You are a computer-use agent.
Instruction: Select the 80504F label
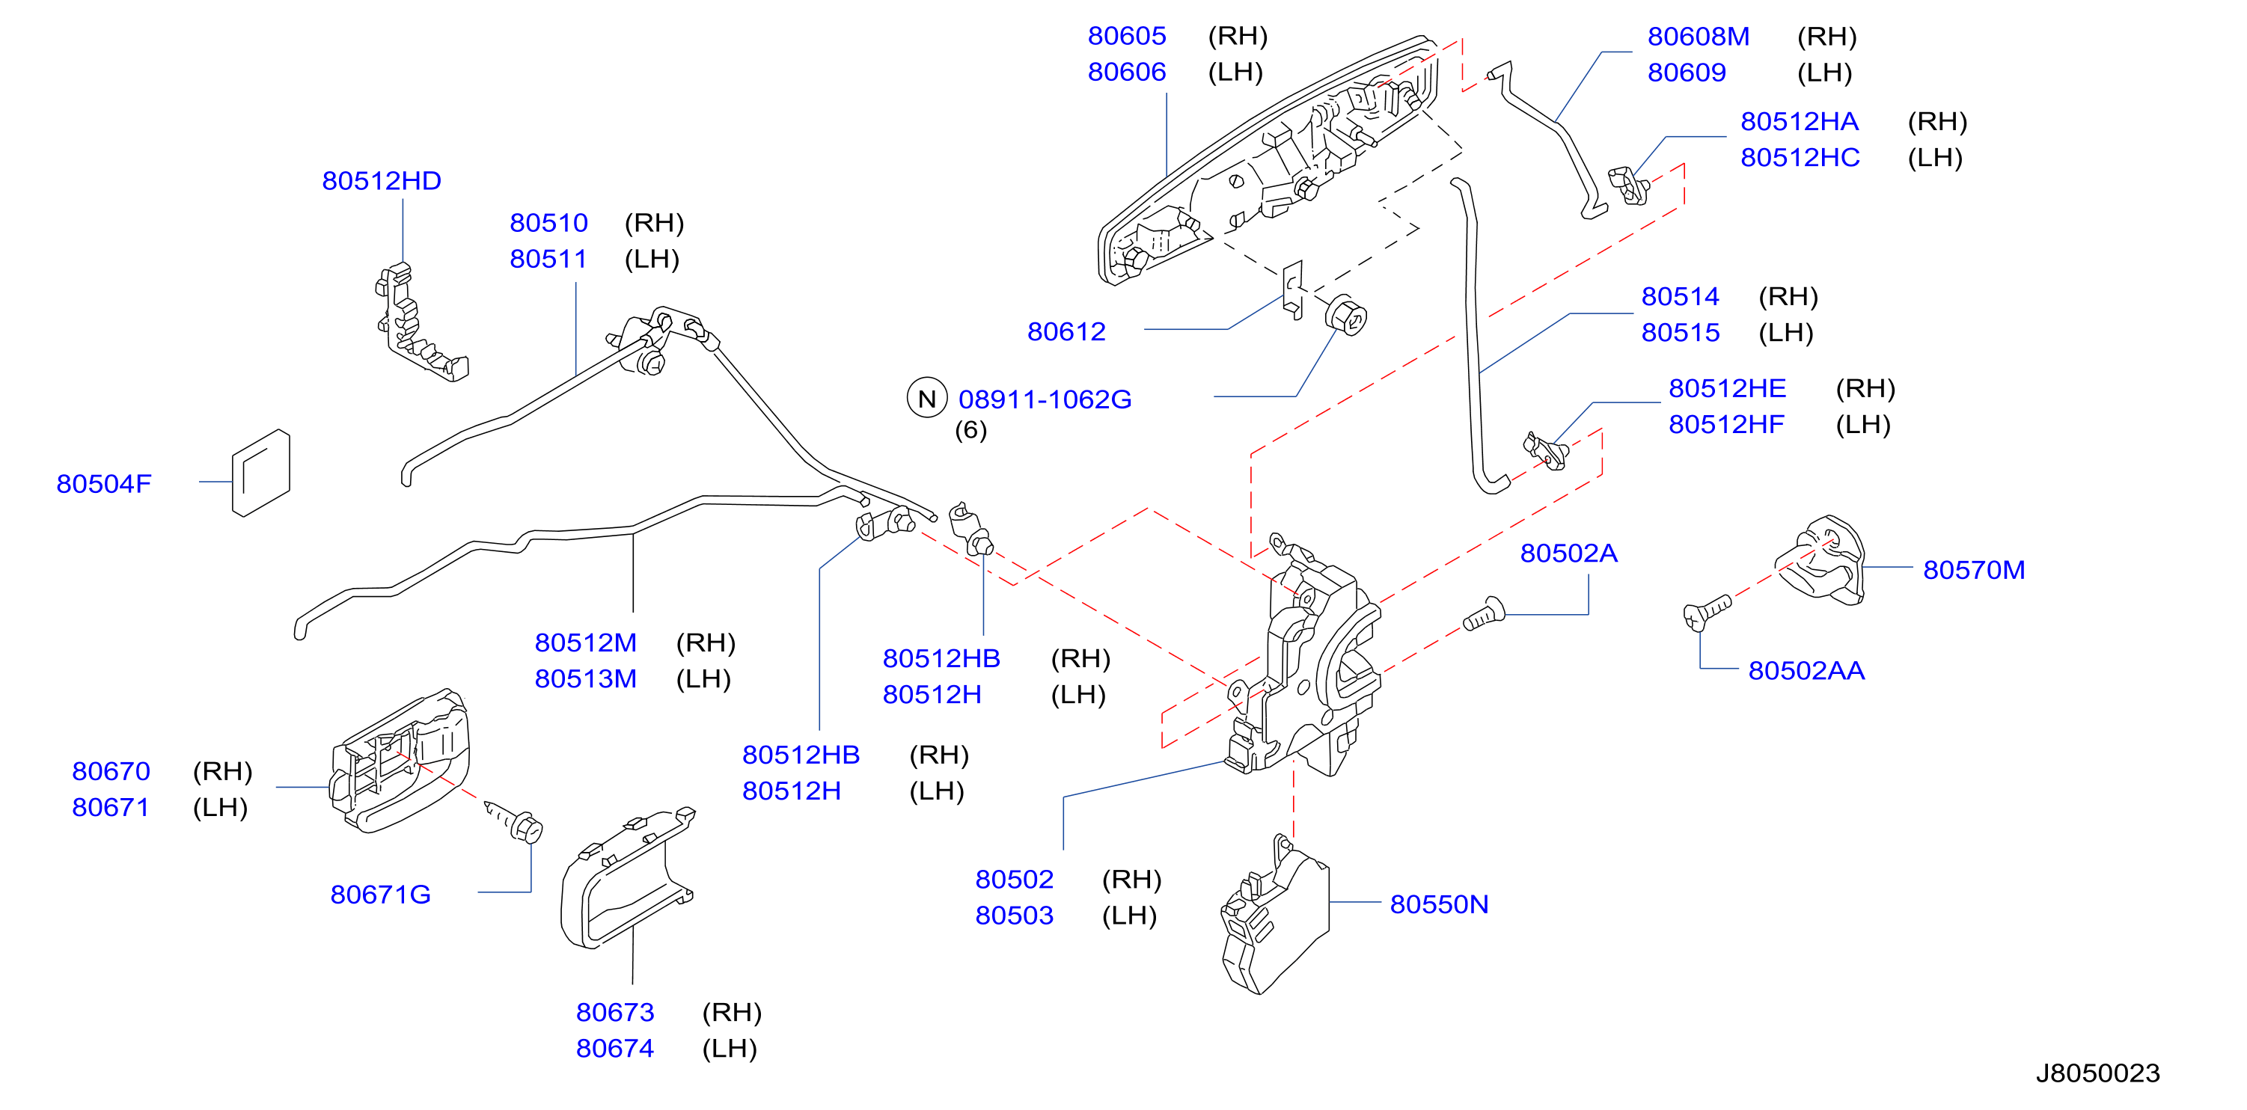click(x=104, y=484)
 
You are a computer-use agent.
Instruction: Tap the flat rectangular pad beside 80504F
click(x=261, y=473)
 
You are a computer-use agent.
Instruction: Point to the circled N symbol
click(x=926, y=399)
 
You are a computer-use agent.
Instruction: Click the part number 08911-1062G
click(x=1045, y=399)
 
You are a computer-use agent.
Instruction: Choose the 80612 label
click(x=1066, y=331)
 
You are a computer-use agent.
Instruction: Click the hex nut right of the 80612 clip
click(x=1346, y=316)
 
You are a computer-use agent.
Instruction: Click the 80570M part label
click(x=1974, y=570)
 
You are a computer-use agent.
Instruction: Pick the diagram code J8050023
click(x=2098, y=1073)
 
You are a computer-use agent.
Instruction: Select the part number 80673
click(x=615, y=1012)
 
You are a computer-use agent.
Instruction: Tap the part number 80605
click(x=1127, y=36)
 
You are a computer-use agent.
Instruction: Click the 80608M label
click(x=1699, y=37)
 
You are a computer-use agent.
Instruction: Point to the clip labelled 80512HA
click(x=1628, y=185)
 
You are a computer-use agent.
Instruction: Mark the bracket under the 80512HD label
click(x=422, y=322)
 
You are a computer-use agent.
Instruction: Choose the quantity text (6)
click(x=970, y=430)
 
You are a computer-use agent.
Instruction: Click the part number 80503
click(x=1015, y=916)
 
